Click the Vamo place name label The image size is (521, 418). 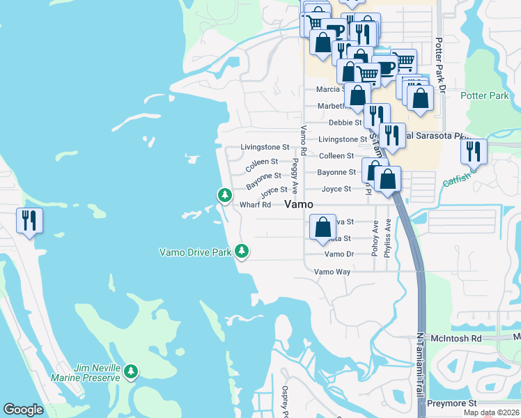[298, 203]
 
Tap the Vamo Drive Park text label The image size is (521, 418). [195, 252]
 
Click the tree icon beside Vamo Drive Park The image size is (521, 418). [242, 250]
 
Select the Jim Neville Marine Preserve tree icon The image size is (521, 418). [131, 373]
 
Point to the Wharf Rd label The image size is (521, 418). [255, 205]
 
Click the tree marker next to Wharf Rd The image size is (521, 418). [224, 195]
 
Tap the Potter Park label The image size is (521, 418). [485, 95]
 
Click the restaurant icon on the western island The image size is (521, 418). [29, 221]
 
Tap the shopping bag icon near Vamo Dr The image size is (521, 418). [322, 226]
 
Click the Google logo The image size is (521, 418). [23, 410]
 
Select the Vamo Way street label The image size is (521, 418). [332, 272]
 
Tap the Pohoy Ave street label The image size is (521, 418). [375, 238]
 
